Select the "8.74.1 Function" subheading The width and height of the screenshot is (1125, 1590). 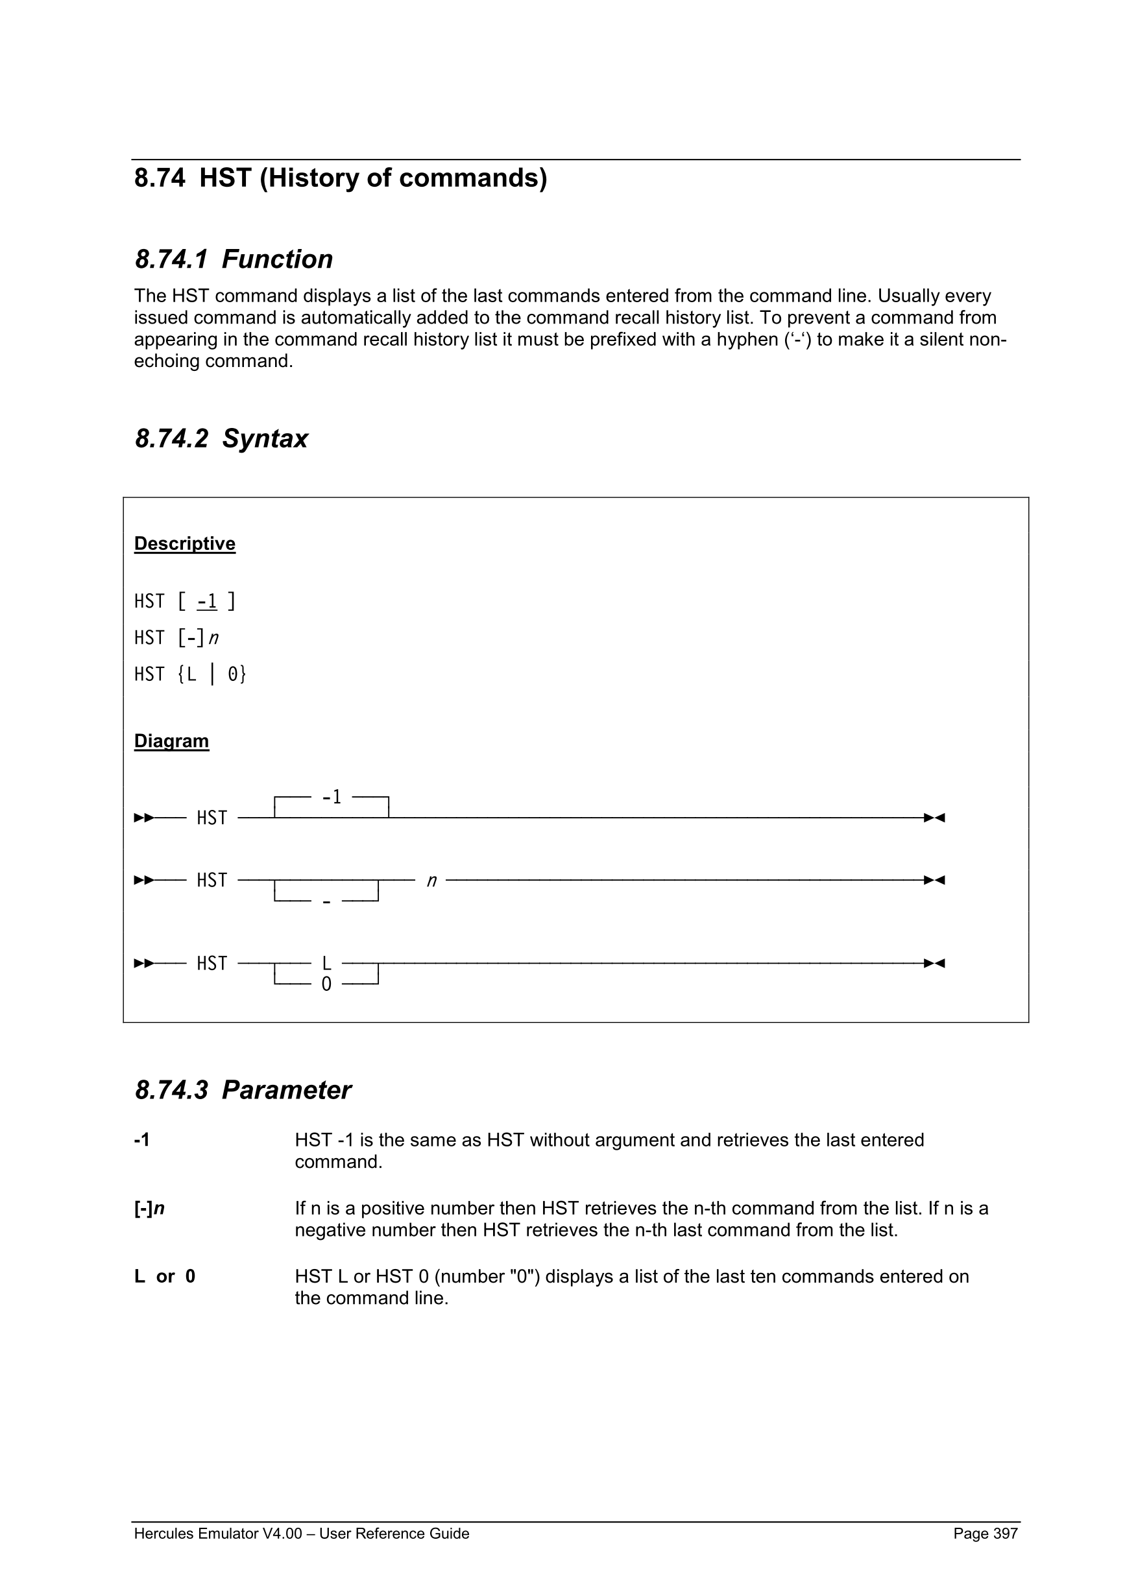point(234,259)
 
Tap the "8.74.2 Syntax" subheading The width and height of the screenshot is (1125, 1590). point(221,439)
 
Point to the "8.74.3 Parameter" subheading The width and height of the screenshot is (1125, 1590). point(243,1090)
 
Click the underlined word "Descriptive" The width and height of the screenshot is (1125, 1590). point(184,543)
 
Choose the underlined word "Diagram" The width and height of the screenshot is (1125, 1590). point(171,741)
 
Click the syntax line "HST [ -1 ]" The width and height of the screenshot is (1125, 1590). point(184,601)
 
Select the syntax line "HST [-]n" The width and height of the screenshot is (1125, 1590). point(176,638)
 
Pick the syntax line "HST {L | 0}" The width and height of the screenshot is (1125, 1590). point(190,674)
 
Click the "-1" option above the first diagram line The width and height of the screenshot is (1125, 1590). point(332,798)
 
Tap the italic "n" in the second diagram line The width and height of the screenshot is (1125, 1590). point(431,881)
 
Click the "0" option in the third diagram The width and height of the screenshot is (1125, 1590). point(326,984)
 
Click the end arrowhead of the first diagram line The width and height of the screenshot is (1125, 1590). point(934,818)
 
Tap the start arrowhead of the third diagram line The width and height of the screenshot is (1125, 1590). point(143,964)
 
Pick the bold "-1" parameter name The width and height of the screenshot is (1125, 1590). point(141,1140)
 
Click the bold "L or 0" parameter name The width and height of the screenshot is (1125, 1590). point(165,1276)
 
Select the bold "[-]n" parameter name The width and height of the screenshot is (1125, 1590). point(149,1209)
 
